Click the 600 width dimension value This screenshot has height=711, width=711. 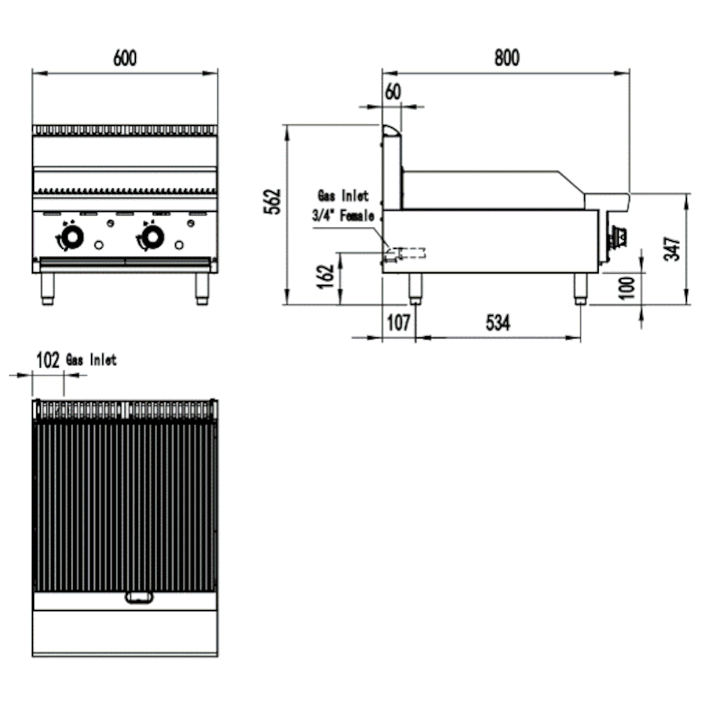(125, 58)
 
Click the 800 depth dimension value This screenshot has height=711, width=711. (507, 58)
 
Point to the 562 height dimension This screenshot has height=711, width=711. (277, 201)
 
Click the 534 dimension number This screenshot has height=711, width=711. (498, 323)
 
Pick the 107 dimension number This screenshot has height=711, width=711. (398, 323)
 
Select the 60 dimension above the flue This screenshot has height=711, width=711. (392, 92)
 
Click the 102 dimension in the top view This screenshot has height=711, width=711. (48, 360)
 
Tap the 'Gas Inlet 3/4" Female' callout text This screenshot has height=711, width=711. (343, 206)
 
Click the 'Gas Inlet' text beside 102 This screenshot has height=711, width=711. (91, 360)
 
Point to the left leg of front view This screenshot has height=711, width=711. (48, 287)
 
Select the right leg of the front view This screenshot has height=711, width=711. (203, 287)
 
